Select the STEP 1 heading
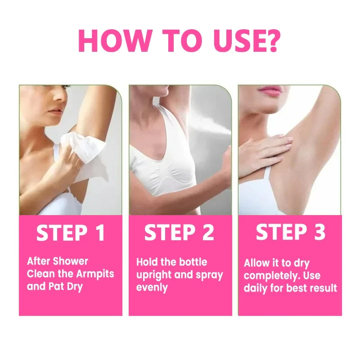tap(71, 233)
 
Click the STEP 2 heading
tap(179, 233)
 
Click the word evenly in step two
tap(152, 287)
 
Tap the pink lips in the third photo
tap(270, 90)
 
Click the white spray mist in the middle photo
tap(211, 119)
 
